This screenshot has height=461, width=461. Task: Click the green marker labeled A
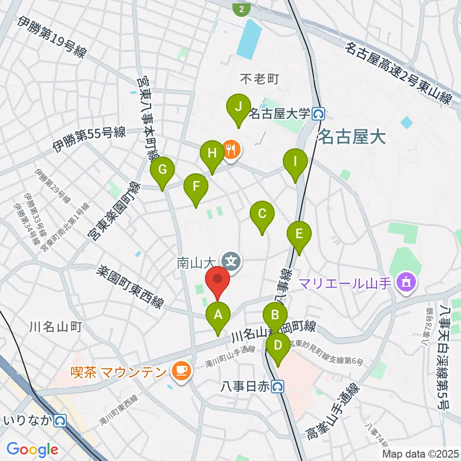click(x=218, y=315)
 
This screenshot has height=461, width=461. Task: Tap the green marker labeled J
click(x=238, y=106)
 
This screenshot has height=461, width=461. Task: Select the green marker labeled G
click(x=162, y=170)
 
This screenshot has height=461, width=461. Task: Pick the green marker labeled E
click(x=299, y=234)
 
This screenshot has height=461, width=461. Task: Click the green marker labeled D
click(x=277, y=345)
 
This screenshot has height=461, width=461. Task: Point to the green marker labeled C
click(x=262, y=214)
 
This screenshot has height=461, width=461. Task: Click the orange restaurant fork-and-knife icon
click(x=231, y=149)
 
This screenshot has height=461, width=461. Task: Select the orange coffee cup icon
click(x=181, y=370)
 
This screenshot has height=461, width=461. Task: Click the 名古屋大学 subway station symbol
click(x=318, y=114)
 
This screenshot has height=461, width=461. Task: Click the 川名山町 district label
click(x=55, y=328)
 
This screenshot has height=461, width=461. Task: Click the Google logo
click(x=32, y=449)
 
